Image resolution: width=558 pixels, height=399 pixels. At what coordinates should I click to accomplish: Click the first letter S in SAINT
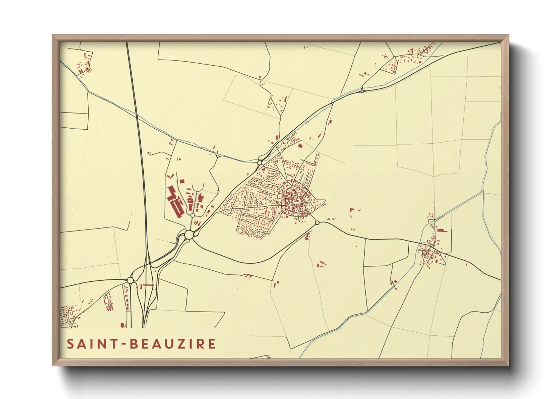tap(71, 344)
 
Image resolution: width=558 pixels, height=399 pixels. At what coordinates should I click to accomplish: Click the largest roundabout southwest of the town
tap(189, 235)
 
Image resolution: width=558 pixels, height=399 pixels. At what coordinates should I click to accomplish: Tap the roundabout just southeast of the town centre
tap(317, 223)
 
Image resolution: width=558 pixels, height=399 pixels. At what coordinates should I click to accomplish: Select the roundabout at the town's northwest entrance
tap(260, 163)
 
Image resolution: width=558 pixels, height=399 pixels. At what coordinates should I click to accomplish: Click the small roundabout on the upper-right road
tap(362, 91)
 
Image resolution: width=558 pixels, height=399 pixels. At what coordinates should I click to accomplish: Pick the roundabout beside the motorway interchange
tap(130, 280)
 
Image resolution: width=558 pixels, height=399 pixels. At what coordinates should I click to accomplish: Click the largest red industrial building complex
tap(175, 202)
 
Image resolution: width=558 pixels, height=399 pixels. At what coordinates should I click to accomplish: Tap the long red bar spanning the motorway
tap(148, 285)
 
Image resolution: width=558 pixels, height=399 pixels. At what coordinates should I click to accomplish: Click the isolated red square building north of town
tap(300, 146)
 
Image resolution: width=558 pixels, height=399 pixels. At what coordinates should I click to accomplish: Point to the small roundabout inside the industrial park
tap(193, 215)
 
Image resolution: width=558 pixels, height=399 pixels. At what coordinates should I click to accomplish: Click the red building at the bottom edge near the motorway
tap(123, 325)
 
